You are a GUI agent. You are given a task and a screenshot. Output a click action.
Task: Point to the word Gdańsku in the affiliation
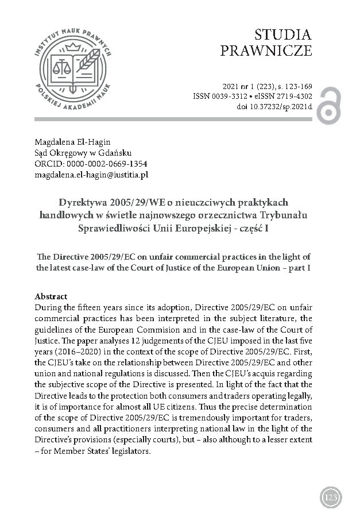pos(117,153)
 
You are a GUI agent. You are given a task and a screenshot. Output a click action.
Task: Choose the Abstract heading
pos(51,296)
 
